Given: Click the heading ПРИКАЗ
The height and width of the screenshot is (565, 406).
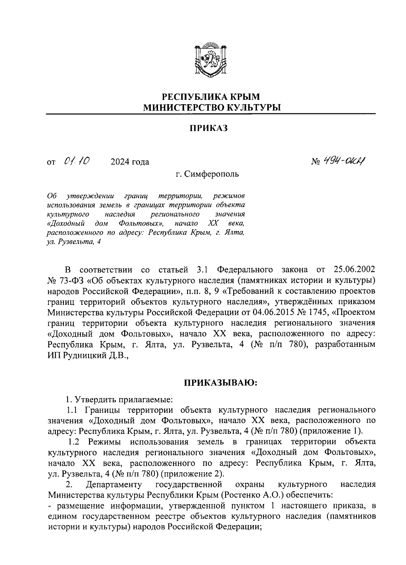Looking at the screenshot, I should click(210, 128).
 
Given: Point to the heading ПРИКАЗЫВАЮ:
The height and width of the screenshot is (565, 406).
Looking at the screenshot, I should click(221, 383).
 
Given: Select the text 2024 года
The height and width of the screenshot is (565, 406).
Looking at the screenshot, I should click(130, 162).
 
